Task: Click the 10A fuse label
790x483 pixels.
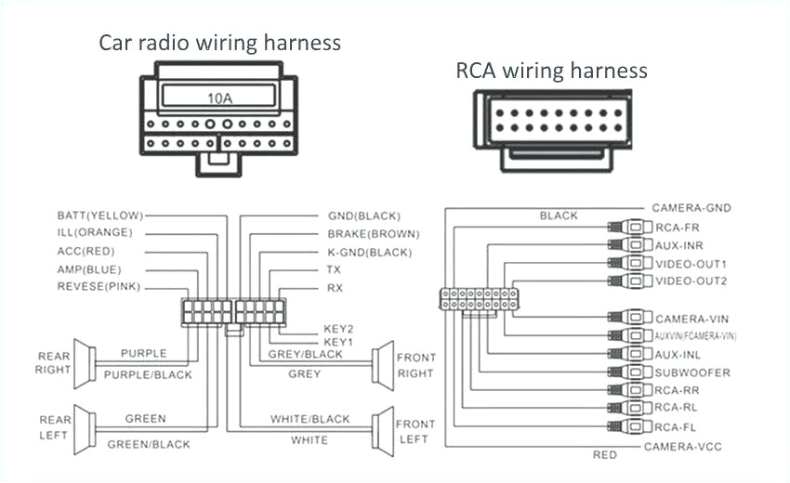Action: [219, 97]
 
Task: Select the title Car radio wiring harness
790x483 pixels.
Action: [219, 43]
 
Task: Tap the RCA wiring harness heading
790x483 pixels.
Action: [551, 71]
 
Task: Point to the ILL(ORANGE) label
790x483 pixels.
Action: [95, 232]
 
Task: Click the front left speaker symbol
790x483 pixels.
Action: [381, 430]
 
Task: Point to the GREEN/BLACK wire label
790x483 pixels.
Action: [150, 445]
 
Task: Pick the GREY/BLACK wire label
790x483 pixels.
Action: [305, 354]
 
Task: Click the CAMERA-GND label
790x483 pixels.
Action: [691, 208]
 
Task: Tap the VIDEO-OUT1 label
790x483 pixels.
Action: [691, 264]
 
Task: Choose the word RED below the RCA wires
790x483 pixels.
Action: [604, 455]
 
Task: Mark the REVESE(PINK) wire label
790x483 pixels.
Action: [99, 287]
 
